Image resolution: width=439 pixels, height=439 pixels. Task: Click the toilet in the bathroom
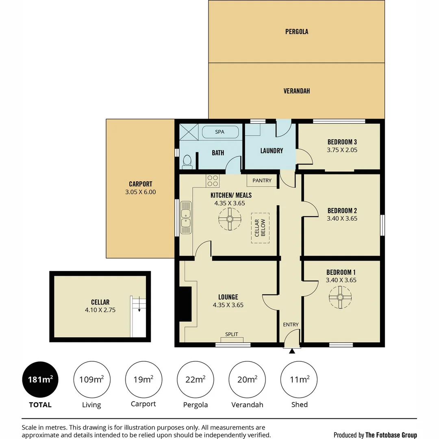(187, 162)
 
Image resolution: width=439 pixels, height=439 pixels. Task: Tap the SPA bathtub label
(220, 132)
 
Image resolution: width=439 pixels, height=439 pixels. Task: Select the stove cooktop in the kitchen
(213, 181)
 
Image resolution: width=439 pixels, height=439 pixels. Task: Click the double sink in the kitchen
(186, 217)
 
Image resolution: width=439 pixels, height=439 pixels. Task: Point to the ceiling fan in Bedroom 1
(340, 297)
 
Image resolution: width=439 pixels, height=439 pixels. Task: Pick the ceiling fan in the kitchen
(230, 219)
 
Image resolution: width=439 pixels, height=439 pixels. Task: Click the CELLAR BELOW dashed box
(260, 228)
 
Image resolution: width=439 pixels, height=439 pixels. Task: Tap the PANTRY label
(262, 180)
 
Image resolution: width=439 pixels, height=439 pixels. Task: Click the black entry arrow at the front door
(292, 351)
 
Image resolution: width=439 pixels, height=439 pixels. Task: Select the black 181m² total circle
(40, 380)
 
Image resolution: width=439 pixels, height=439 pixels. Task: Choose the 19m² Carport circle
(143, 380)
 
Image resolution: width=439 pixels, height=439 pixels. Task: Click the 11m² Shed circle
(299, 380)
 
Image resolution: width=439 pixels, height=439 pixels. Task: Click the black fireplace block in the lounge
(185, 304)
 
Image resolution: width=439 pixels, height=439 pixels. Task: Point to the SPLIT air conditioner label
(232, 334)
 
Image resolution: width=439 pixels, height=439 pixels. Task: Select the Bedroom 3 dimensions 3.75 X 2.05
(342, 150)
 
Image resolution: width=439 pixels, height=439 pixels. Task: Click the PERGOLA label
(297, 32)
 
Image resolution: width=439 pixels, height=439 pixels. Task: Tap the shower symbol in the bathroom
(189, 132)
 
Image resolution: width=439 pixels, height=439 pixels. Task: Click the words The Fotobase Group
(391, 435)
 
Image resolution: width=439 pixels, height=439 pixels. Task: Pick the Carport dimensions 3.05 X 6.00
(141, 192)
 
